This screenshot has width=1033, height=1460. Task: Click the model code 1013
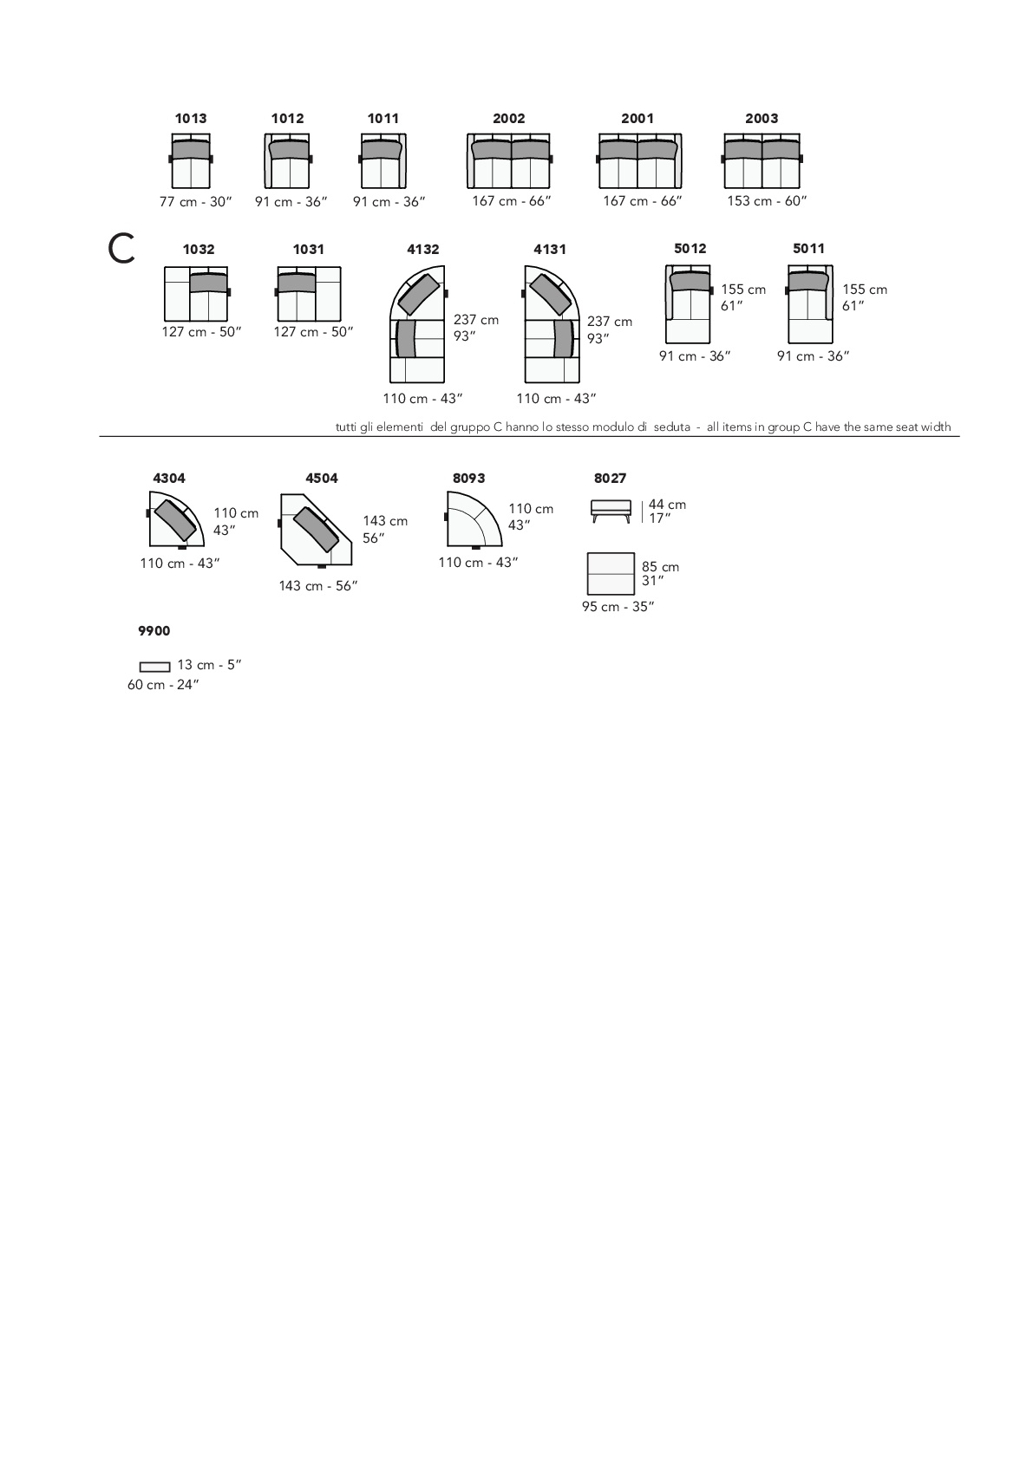coord(191,119)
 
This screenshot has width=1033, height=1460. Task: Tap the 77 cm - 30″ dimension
coord(196,202)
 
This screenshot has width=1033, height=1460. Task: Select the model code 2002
coord(508,119)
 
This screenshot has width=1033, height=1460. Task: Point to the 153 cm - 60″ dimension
coord(767,201)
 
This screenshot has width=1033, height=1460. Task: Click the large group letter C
coord(121,249)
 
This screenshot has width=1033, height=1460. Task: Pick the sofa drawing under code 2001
coord(640,161)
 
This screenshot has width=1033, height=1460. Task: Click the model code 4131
coord(550,249)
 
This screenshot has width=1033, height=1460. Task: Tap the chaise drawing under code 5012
coord(689,303)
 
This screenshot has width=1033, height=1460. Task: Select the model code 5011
coord(808,248)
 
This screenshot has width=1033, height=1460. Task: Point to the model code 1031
coord(309,249)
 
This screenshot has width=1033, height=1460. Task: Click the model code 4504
coord(322,479)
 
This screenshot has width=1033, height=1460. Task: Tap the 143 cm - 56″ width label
coord(318,586)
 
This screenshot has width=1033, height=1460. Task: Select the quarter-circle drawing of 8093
coord(474,519)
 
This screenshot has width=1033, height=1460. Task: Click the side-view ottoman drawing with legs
coord(611,511)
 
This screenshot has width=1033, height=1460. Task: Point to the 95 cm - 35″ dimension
coord(618,607)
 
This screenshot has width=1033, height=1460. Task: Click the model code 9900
coord(154,631)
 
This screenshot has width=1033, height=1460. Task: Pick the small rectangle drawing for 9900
coord(154,667)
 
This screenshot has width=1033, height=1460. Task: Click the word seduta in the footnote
coord(671,427)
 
